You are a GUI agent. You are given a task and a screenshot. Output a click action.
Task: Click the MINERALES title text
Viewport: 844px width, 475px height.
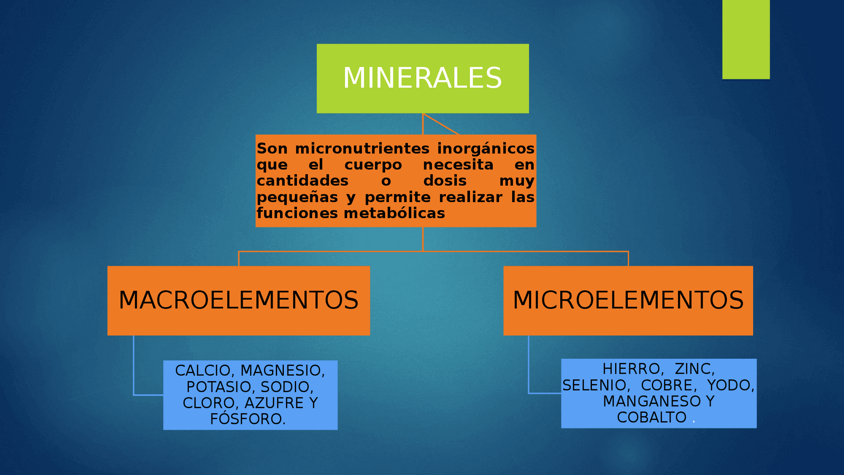tap(423, 78)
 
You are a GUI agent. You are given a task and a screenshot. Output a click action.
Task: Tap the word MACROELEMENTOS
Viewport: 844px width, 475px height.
tap(238, 300)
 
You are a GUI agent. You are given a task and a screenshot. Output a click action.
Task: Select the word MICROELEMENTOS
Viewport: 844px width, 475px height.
tap(628, 300)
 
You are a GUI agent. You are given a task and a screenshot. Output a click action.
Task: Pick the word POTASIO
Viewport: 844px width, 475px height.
tap(220, 387)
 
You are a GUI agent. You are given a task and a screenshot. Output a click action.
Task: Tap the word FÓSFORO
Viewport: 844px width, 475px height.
tap(247, 419)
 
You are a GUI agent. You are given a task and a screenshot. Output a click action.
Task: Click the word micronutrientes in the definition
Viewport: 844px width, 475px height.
tap(362, 148)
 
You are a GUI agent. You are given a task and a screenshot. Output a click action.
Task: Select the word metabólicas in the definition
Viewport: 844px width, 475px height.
tap(395, 213)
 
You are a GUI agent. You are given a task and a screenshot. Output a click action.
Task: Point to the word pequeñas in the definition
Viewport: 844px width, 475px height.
tap(298, 197)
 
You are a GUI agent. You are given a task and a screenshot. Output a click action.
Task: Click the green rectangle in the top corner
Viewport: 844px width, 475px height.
tap(746, 39)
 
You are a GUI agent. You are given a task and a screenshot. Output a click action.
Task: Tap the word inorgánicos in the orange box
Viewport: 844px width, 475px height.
tap(486, 149)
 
